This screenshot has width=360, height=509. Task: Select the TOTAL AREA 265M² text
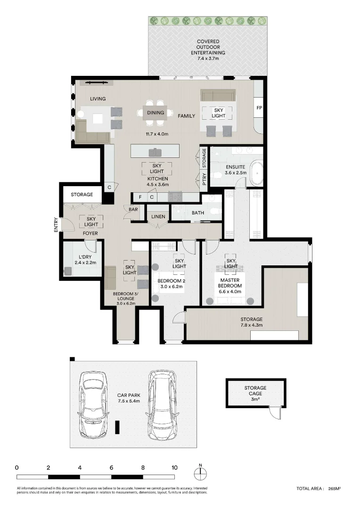pos(319,489)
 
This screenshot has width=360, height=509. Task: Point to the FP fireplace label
pos(259,108)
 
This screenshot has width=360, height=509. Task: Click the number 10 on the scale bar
pos(174,468)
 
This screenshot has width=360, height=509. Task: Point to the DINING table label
pos(155,113)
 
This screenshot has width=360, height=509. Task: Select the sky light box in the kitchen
pos(157,168)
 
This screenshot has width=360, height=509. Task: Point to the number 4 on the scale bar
pos(80,468)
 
